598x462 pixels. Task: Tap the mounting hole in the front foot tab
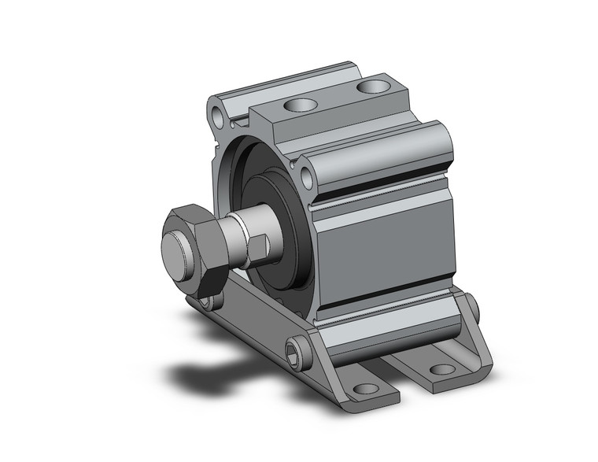[x=364, y=388]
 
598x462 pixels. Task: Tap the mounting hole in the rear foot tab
[x=443, y=368]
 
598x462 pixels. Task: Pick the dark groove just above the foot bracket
[x=386, y=309]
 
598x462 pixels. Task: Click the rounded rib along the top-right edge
[x=378, y=146]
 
